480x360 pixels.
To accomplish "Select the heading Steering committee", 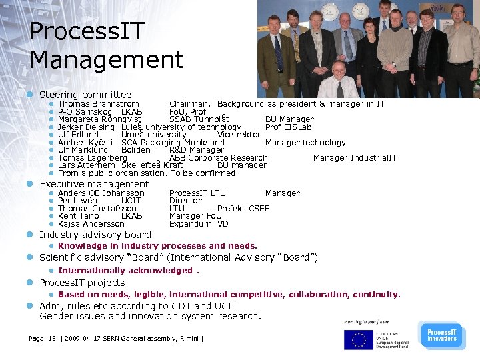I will (x=85, y=95).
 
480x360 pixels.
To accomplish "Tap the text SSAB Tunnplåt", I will (x=199, y=119).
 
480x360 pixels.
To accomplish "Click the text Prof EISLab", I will (x=288, y=127).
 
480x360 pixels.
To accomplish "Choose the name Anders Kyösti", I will (x=85, y=143).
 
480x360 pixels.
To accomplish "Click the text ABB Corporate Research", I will (x=218, y=158).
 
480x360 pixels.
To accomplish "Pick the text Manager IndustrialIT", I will (x=355, y=158).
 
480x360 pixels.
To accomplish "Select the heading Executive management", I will (x=94, y=184).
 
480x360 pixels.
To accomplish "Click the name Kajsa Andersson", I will (x=91, y=224).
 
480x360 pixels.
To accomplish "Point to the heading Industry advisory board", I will (x=95, y=235).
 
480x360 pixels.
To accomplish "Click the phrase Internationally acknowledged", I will (x=125, y=271).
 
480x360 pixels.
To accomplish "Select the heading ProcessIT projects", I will (x=82, y=283).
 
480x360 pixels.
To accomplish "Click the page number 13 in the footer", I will (x=53, y=339).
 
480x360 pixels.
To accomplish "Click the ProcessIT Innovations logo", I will (x=441, y=334).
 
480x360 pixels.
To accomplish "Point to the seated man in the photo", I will (x=338, y=81).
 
